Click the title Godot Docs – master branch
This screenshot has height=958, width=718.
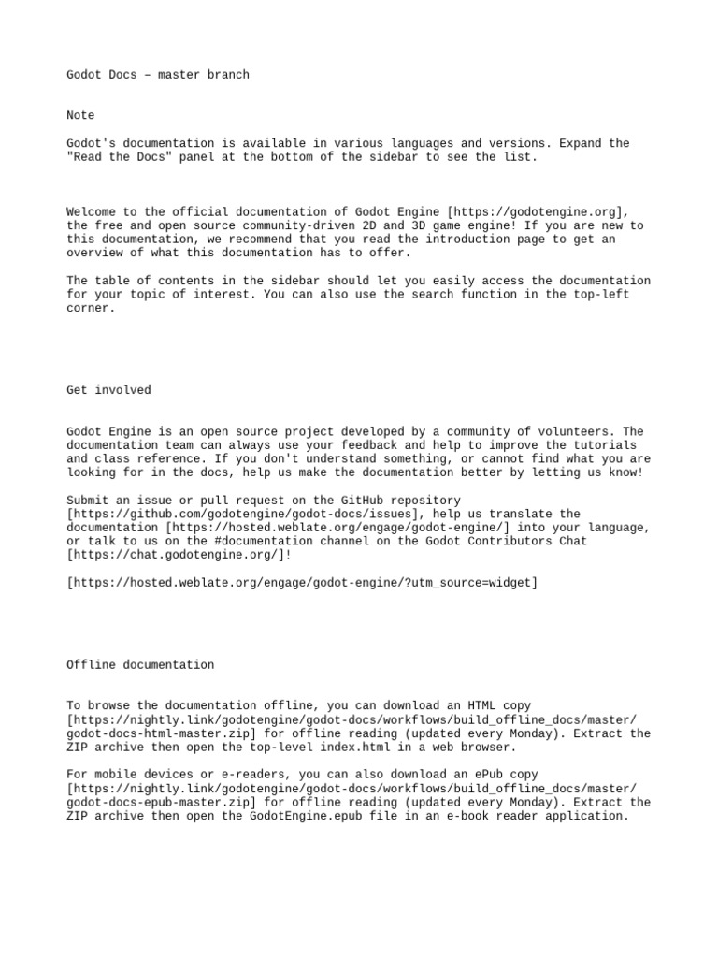(158, 74)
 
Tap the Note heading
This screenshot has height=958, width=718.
(80, 115)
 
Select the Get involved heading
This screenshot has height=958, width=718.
(108, 389)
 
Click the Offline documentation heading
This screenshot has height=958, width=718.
(140, 664)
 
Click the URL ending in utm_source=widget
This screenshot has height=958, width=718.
(302, 583)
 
